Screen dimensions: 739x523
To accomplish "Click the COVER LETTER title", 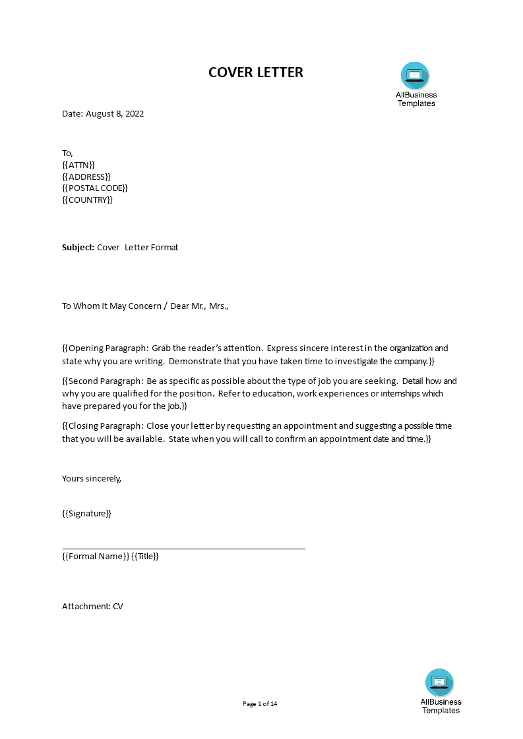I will click(256, 72).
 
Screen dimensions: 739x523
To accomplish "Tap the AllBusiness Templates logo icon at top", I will click(415, 76).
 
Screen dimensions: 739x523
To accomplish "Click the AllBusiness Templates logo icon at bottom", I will click(439, 682).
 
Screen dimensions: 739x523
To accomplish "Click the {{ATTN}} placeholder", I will click(78, 165).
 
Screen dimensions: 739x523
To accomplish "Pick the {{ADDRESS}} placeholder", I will click(86, 177).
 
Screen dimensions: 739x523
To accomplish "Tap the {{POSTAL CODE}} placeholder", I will click(95, 188).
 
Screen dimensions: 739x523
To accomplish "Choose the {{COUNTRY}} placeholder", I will click(88, 200).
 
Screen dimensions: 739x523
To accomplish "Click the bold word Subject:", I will click(78, 248).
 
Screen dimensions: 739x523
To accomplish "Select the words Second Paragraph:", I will click(106, 381).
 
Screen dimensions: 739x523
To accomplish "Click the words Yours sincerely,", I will click(92, 479).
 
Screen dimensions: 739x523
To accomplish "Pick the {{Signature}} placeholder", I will click(86, 514).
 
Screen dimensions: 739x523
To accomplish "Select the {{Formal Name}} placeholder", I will click(96, 557).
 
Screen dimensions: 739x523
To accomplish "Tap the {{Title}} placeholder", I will click(146, 557).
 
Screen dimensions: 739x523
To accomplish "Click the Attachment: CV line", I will click(92, 606).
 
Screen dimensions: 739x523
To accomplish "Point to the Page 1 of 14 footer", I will click(260, 704).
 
